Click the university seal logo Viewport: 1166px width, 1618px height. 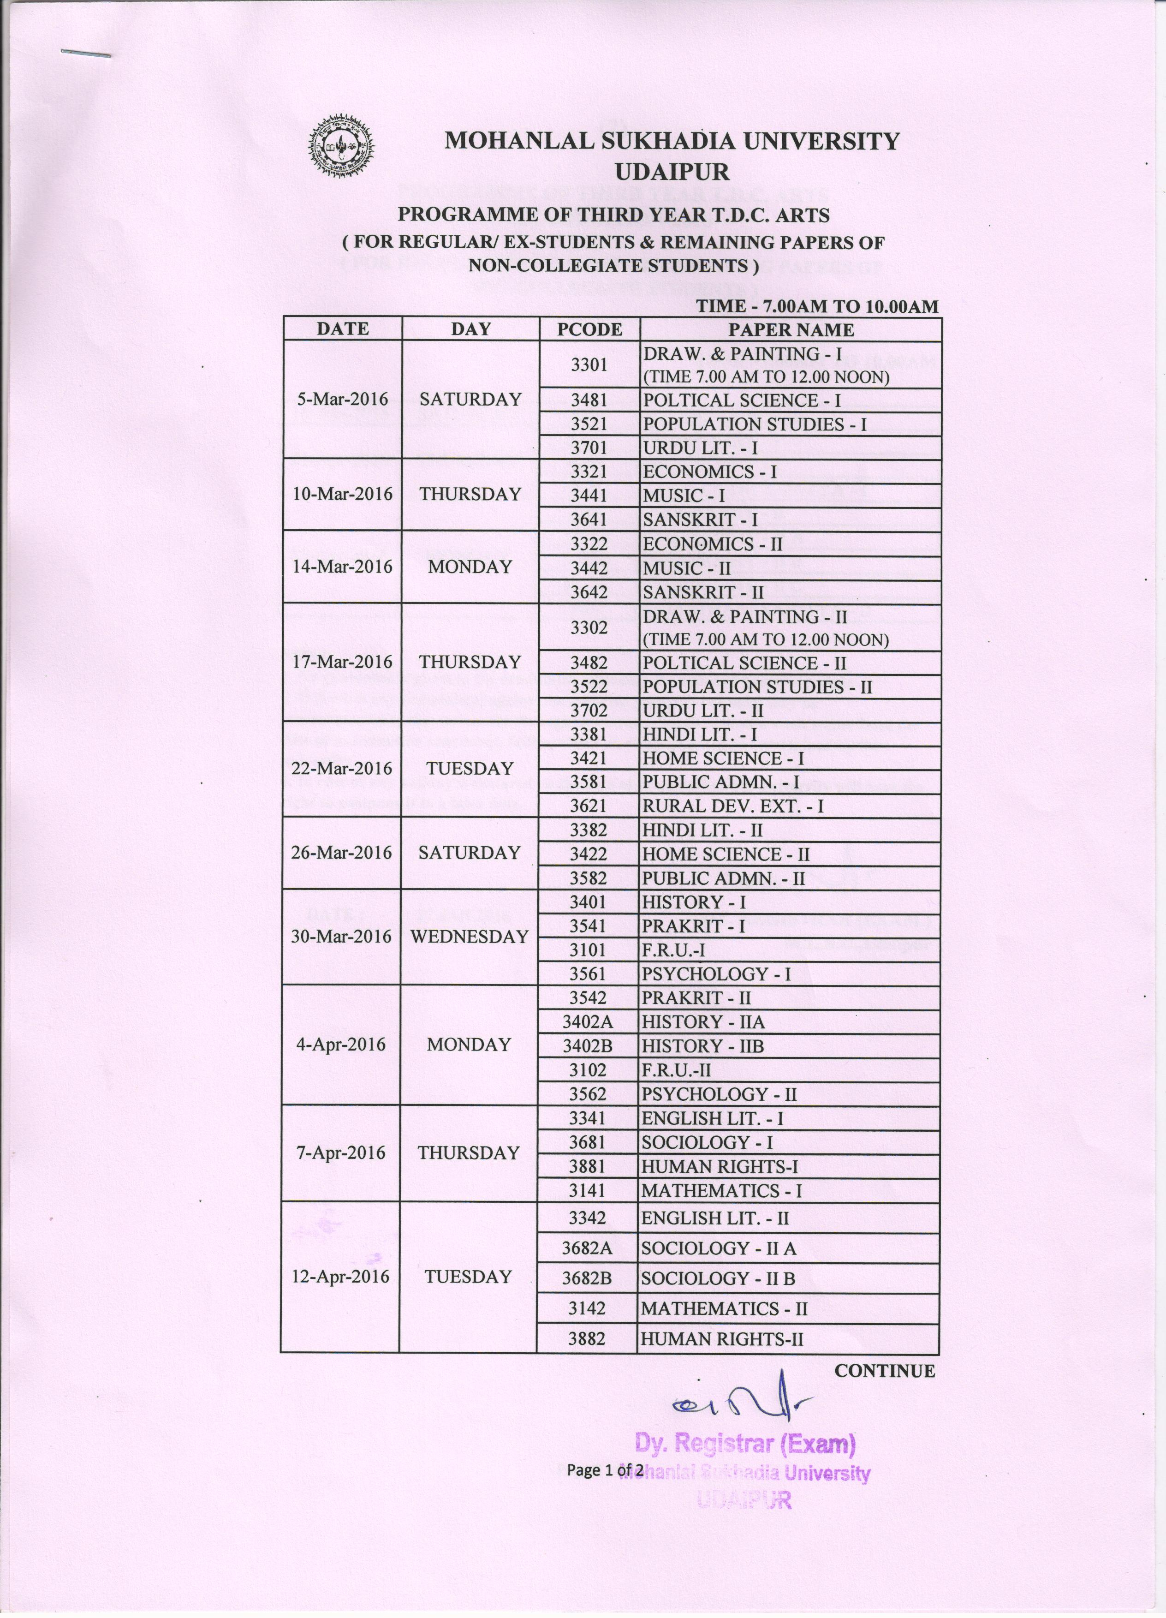pyautogui.click(x=341, y=147)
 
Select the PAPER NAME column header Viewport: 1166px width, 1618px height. pyautogui.click(x=790, y=329)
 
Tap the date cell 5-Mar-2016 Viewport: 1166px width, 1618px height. pyautogui.click(x=343, y=400)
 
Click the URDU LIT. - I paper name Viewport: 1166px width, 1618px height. pyautogui.click(x=700, y=448)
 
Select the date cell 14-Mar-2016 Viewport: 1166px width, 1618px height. pyautogui.click(x=343, y=567)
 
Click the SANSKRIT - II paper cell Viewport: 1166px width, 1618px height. pyautogui.click(x=703, y=592)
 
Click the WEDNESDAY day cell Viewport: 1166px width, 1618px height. pyautogui.click(x=469, y=937)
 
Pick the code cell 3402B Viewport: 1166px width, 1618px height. pyautogui.click(x=588, y=1046)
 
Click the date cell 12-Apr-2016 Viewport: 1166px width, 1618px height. pyautogui.click(x=341, y=1276)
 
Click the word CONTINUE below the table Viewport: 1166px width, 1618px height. pyautogui.click(x=884, y=1370)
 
